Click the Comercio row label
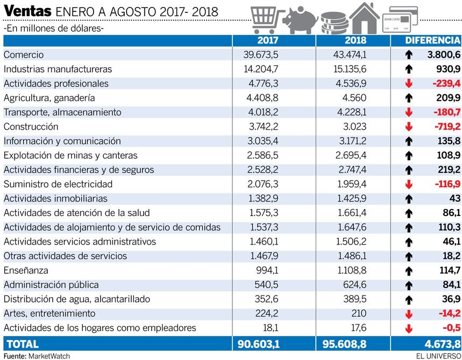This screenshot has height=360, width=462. click(x=24, y=55)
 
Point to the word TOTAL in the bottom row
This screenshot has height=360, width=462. click(x=22, y=344)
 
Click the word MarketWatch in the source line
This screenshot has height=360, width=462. click(x=49, y=356)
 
